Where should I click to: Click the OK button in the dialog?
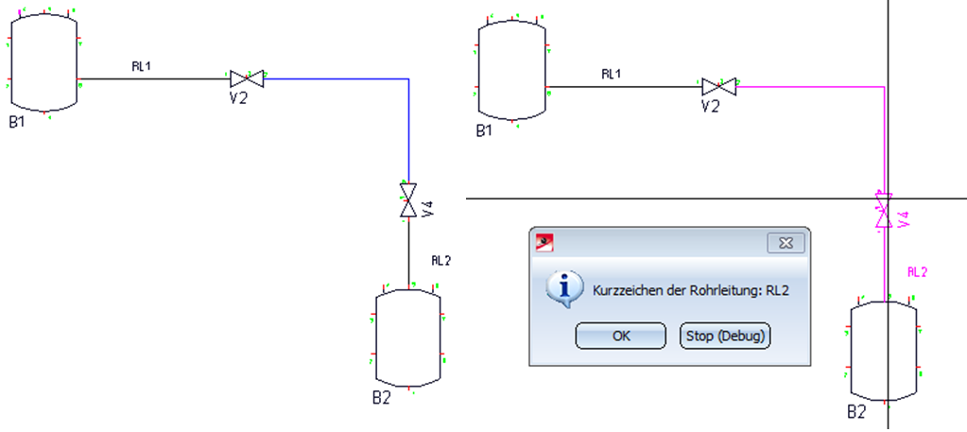621,336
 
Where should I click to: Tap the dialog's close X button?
784,243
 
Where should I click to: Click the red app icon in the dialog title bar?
544,243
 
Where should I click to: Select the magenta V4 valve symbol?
883,210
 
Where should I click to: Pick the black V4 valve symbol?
408,200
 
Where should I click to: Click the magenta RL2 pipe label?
917,272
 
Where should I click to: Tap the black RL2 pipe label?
441,260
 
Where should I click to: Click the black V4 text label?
427,209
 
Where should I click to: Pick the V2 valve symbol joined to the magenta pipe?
718,87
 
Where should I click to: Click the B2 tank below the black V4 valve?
408,336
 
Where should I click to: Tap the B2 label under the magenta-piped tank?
856,412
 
